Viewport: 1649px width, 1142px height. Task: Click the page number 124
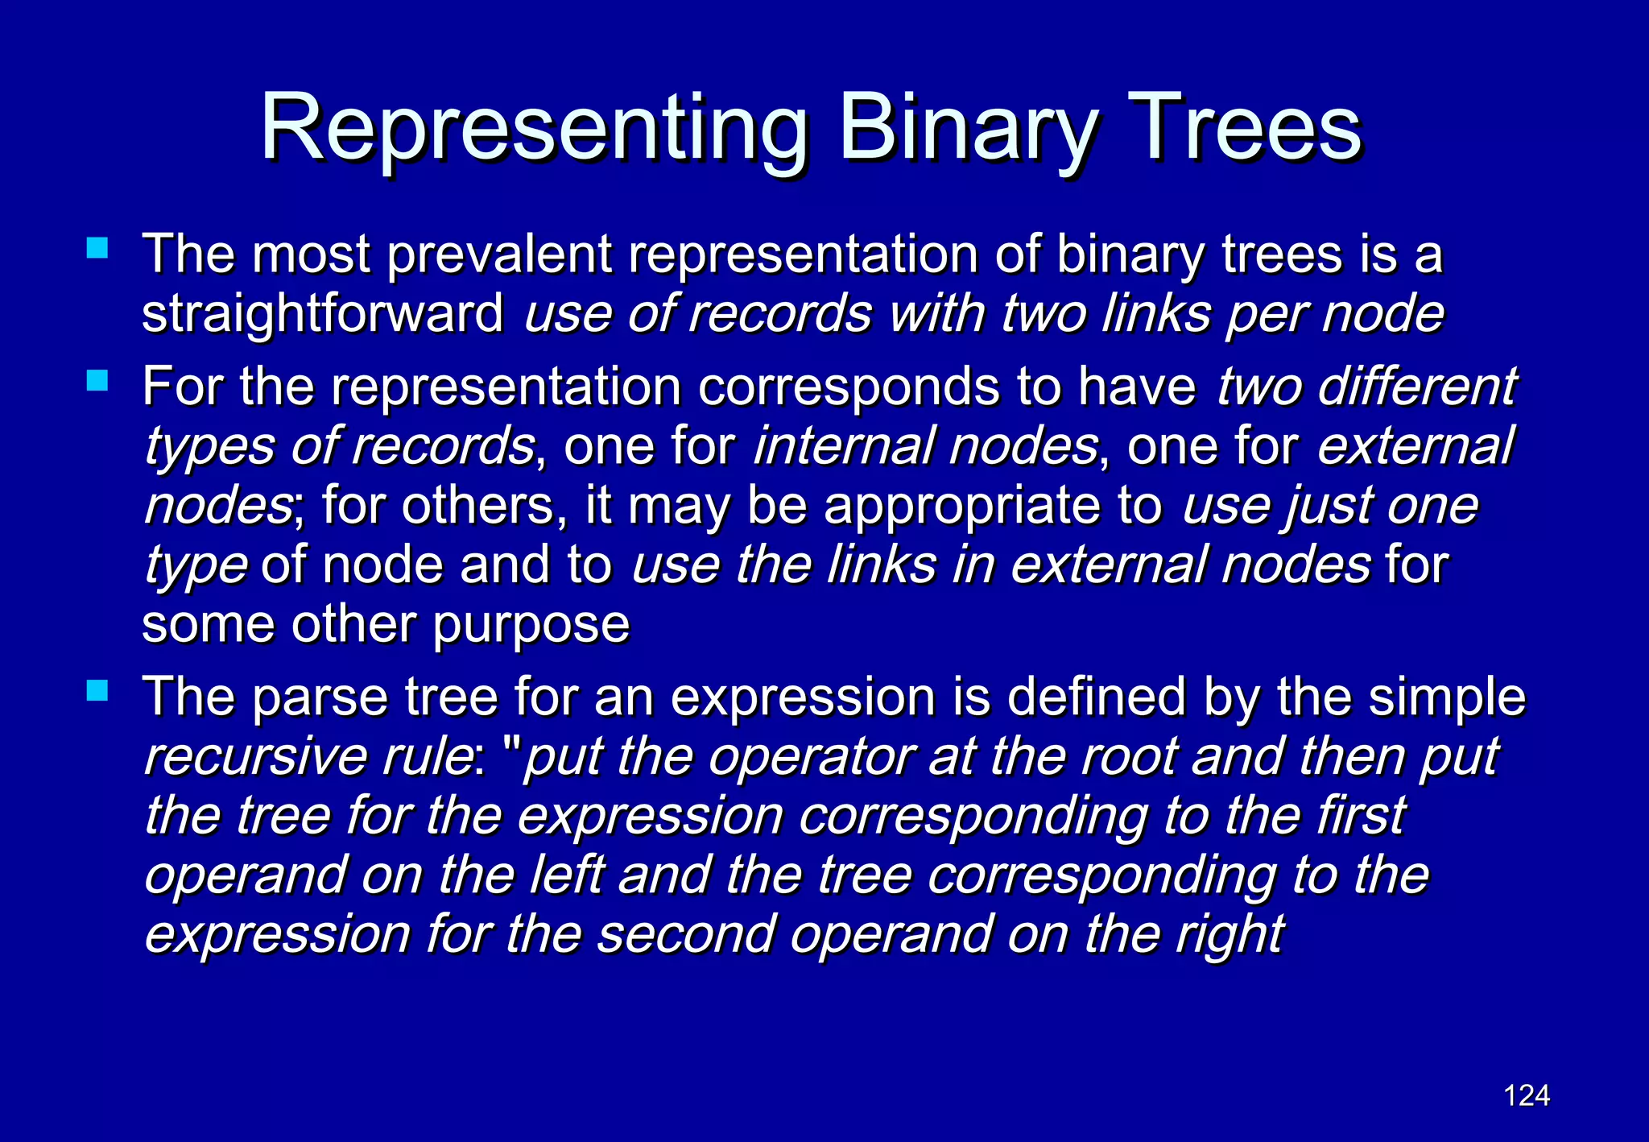pyautogui.click(x=1527, y=1095)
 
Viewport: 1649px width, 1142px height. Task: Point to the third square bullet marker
pyautogui.click(x=97, y=690)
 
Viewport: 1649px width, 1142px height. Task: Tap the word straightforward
pyautogui.click(x=322, y=313)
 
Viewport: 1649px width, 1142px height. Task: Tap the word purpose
pyautogui.click(x=531, y=625)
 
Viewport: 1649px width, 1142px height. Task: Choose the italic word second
pyautogui.click(x=684, y=934)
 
